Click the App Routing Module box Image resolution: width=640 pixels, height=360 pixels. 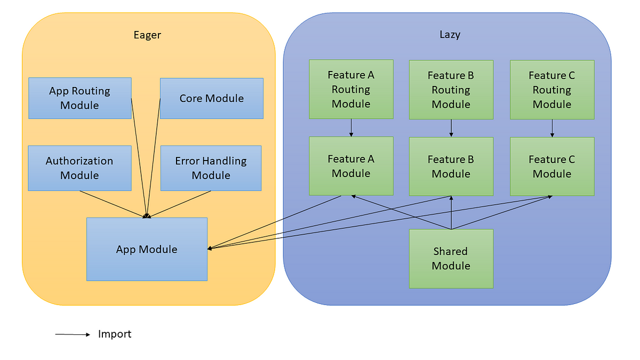tap(80, 98)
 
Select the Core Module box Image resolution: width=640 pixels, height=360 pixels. tap(212, 98)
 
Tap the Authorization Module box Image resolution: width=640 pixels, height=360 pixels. tap(79, 168)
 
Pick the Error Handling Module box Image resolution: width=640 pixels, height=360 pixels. tap(211, 168)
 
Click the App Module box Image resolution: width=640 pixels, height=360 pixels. tap(147, 249)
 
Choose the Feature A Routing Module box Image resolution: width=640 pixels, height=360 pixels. tap(351, 89)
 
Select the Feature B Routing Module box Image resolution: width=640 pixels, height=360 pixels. tap(451, 90)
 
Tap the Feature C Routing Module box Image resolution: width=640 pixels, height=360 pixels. tap(552, 90)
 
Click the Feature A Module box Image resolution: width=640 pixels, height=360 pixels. tap(351, 166)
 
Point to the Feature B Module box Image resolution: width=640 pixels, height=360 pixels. tap(451, 166)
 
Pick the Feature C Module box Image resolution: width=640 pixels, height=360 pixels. tap(552, 166)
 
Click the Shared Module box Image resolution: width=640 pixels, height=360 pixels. tap(451, 259)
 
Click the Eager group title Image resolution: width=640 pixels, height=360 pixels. tap(147, 35)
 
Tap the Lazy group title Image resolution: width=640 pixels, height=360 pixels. tap(450, 35)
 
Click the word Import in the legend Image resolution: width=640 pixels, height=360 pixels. tap(115, 334)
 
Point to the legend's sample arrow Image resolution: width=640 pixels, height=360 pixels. tap(73, 334)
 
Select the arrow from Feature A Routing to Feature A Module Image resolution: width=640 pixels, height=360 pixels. tap(351, 127)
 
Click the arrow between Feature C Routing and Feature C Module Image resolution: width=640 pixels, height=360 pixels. tap(552, 129)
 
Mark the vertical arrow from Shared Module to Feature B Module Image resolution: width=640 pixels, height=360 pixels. tap(451, 213)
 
